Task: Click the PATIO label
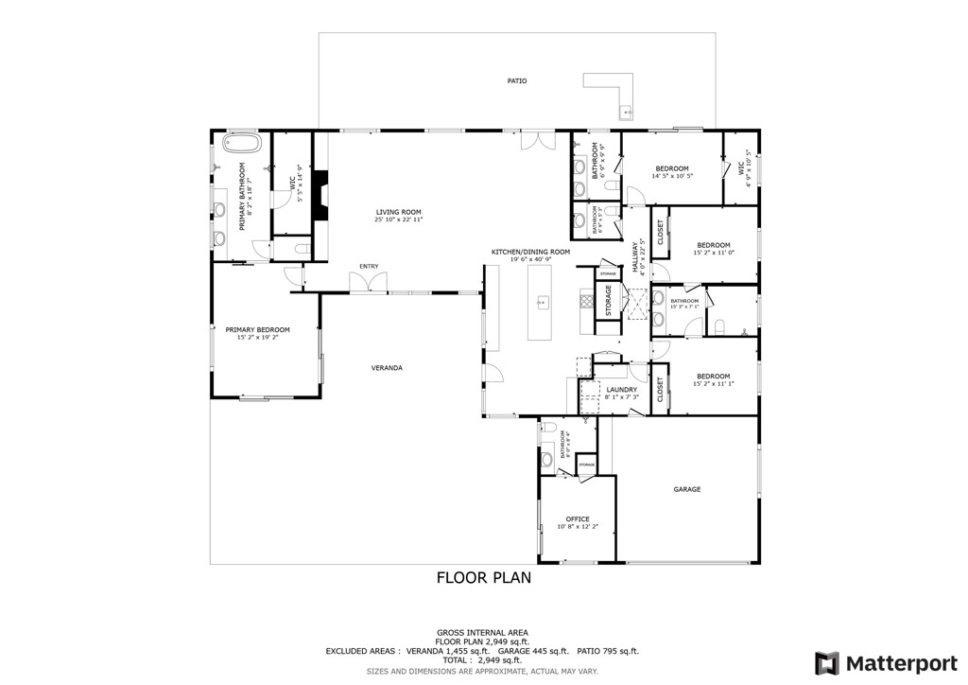click(516, 81)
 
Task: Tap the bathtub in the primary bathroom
click(241, 144)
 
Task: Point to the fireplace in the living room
click(321, 196)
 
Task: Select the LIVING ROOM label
click(398, 212)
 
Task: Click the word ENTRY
click(368, 267)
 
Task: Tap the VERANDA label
click(387, 367)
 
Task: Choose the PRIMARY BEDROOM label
click(257, 329)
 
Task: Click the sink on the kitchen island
click(544, 303)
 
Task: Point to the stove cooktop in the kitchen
click(585, 304)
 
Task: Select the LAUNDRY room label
click(621, 390)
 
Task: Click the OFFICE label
click(578, 518)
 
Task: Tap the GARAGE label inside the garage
click(686, 489)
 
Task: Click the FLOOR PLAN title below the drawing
click(483, 577)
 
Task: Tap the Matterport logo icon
click(827, 662)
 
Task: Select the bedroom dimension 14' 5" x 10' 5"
click(672, 176)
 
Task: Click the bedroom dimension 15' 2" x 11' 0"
click(714, 253)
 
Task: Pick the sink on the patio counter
click(625, 114)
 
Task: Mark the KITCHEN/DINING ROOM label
click(530, 252)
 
